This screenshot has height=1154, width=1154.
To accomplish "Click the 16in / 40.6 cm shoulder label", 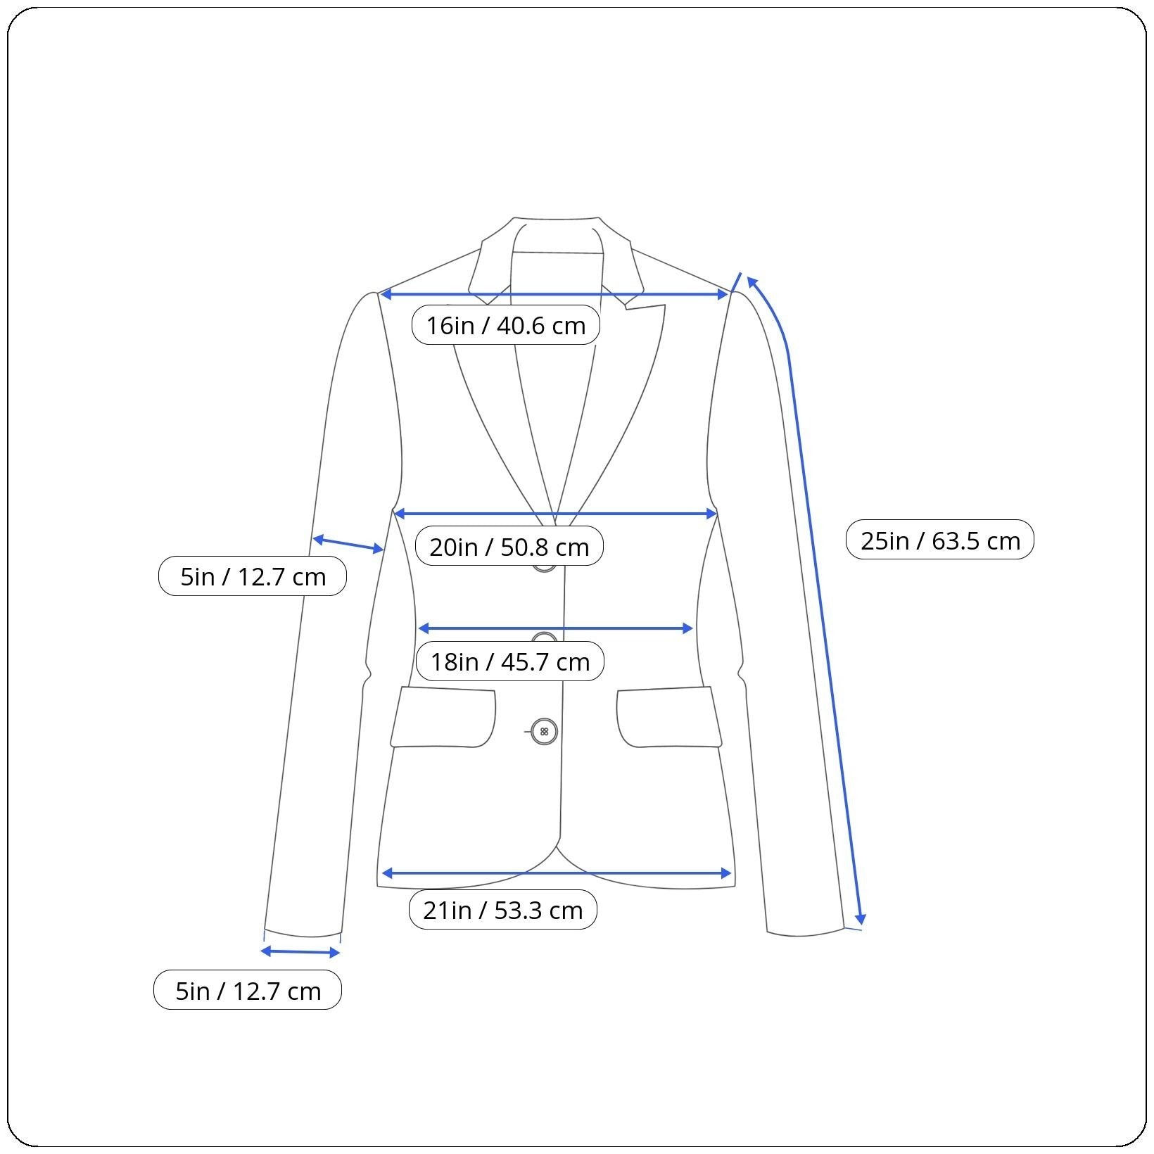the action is click(505, 325).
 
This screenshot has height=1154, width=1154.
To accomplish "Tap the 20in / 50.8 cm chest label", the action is click(509, 546).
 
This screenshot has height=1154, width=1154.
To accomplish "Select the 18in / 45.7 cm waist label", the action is click(509, 661).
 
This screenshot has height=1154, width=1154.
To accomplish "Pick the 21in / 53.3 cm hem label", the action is click(502, 910).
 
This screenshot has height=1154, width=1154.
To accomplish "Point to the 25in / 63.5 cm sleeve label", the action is click(939, 540).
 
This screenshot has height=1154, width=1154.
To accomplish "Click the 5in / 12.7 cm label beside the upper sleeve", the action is click(252, 576).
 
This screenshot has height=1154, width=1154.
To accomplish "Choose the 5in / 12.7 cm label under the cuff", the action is click(247, 991).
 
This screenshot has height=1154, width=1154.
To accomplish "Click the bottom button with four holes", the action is click(544, 732).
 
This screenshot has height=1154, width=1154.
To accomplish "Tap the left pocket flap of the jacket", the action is click(443, 717).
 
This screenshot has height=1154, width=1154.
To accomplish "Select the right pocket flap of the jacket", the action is click(669, 717).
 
